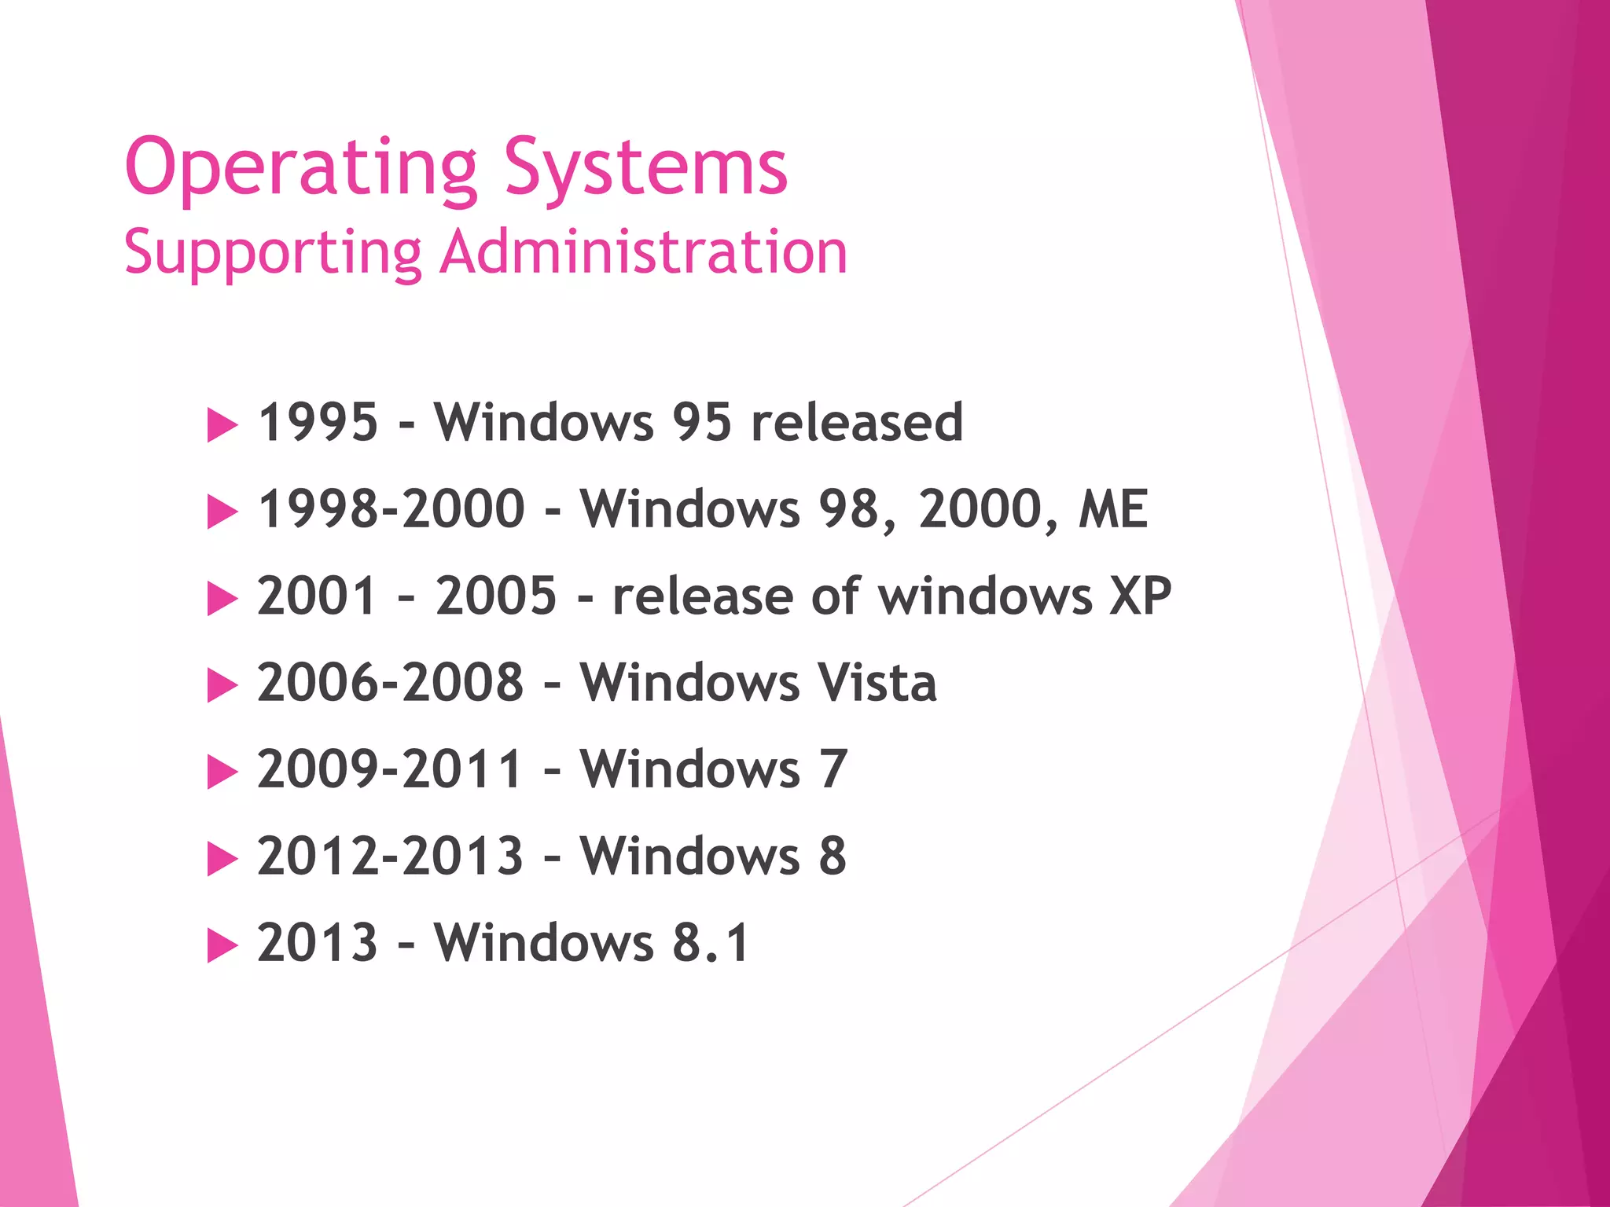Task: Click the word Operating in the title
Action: coord(301,168)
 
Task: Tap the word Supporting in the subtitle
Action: coord(273,253)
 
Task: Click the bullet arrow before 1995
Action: coord(222,426)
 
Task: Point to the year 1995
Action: coord(318,422)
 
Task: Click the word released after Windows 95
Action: coord(857,422)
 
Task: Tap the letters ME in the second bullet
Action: coord(1113,509)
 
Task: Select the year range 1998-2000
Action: coord(391,509)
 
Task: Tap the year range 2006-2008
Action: coord(391,682)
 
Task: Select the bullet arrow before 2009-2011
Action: coord(222,772)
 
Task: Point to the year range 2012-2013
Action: coord(391,856)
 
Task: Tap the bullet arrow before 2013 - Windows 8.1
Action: coord(222,946)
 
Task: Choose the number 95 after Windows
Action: coord(702,422)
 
